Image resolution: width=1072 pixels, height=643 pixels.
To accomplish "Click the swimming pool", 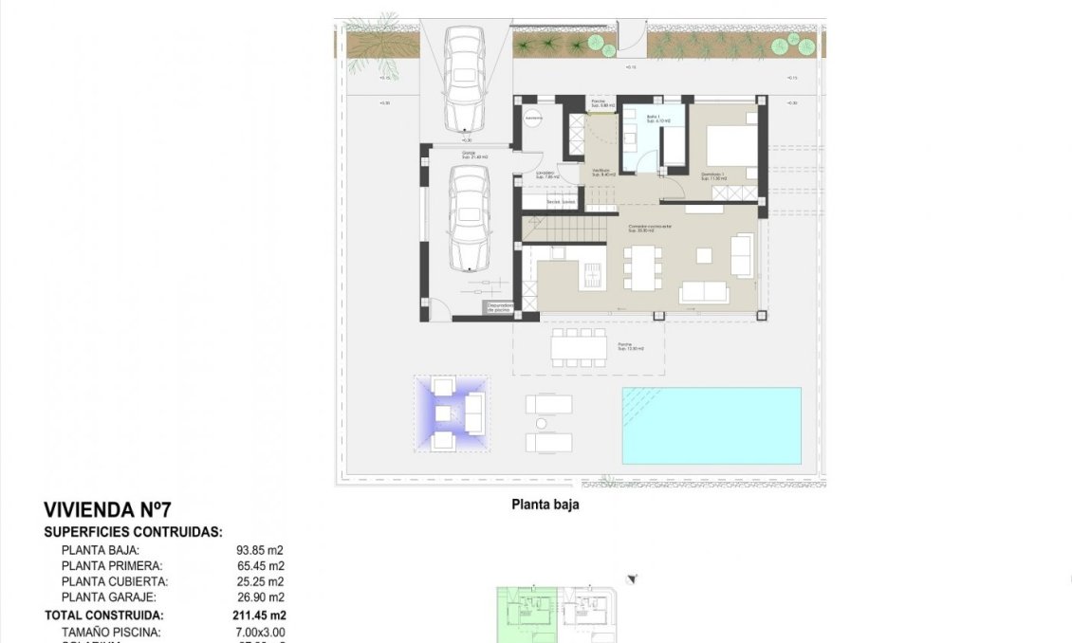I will tap(711, 426).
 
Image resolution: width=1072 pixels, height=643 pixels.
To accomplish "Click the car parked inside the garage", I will tap(470, 218).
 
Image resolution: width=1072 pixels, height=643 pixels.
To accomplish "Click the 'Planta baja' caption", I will tap(545, 505).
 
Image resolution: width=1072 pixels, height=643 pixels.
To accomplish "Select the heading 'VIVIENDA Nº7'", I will tap(107, 511).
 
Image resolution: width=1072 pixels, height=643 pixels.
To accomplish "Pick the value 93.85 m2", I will tap(259, 550).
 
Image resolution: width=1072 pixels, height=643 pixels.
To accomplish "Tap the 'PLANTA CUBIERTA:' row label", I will tap(115, 581).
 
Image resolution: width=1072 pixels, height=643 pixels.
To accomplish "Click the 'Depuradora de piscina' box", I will tap(499, 307).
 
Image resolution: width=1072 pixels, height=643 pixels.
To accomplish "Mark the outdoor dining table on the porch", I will tap(579, 347).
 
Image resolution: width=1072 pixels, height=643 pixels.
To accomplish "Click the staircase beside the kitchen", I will tap(560, 228).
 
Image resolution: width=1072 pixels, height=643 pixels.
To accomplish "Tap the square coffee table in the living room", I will tap(705, 255).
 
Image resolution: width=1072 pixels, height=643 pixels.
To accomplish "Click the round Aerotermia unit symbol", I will tap(533, 119).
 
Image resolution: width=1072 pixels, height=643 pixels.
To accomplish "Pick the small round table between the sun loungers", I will tap(542, 423).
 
